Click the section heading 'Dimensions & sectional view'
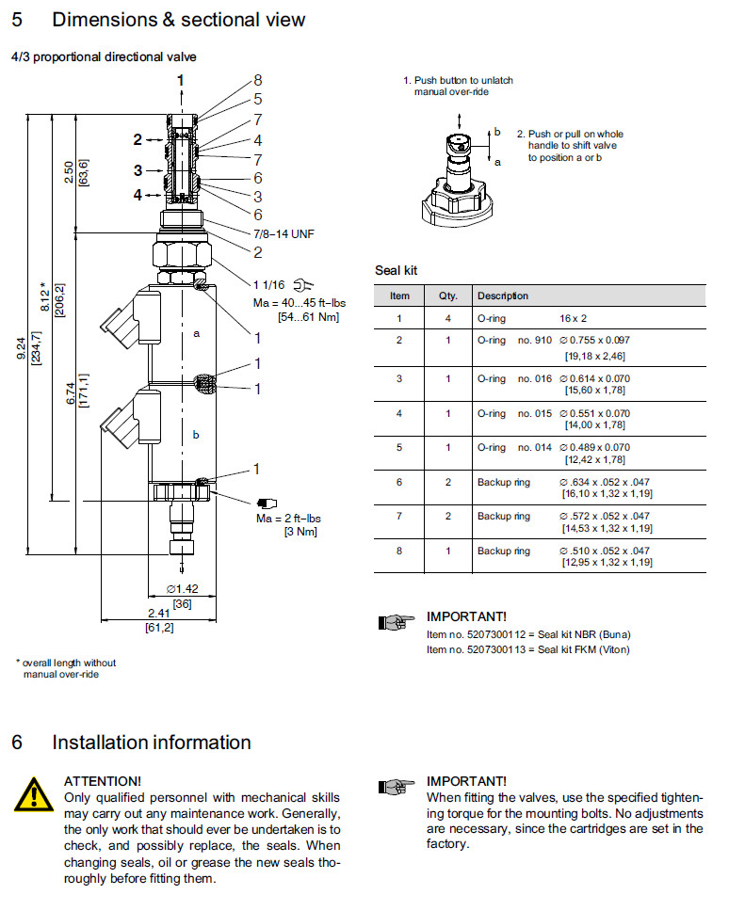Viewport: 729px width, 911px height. [179, 20]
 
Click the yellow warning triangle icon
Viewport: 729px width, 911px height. [33, 795]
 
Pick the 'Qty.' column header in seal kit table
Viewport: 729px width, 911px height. [447, 296]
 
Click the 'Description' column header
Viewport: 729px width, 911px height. [502, 296]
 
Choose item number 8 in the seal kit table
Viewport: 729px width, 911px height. [399, 551]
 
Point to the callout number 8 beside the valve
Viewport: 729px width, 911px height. [257, 81]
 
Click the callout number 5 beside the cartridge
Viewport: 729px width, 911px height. [257, 99]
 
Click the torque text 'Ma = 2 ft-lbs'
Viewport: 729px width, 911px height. [288, 519]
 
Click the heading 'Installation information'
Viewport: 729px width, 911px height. [151, 743]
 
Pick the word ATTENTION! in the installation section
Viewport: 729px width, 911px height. [103, 781]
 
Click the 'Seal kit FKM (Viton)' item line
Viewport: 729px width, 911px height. [527, 649]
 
